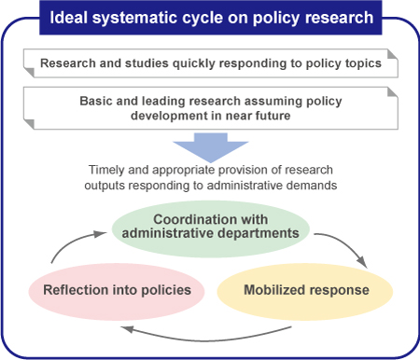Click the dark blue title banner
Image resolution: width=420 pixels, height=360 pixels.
210,16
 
